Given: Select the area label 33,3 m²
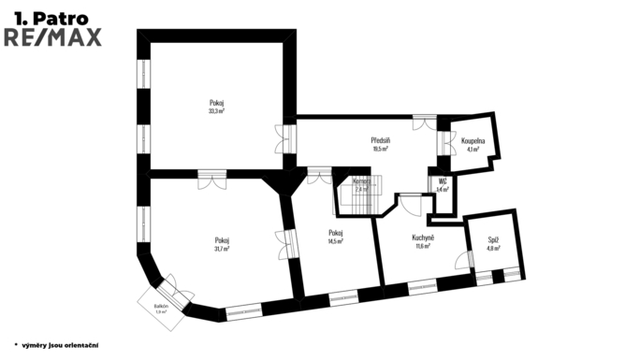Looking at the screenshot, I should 216,111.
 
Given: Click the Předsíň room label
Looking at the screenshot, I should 380,140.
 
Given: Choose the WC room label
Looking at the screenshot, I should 443,181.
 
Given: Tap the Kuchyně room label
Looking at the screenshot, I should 423,238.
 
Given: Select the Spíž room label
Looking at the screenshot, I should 493,240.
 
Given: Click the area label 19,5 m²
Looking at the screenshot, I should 380,149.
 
